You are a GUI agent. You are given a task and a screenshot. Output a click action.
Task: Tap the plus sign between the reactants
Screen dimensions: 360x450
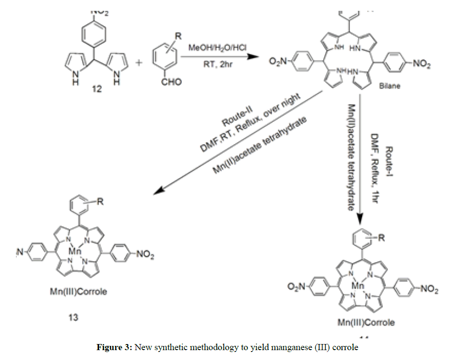138,64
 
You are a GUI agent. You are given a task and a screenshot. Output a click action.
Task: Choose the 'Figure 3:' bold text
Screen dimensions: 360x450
115,348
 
